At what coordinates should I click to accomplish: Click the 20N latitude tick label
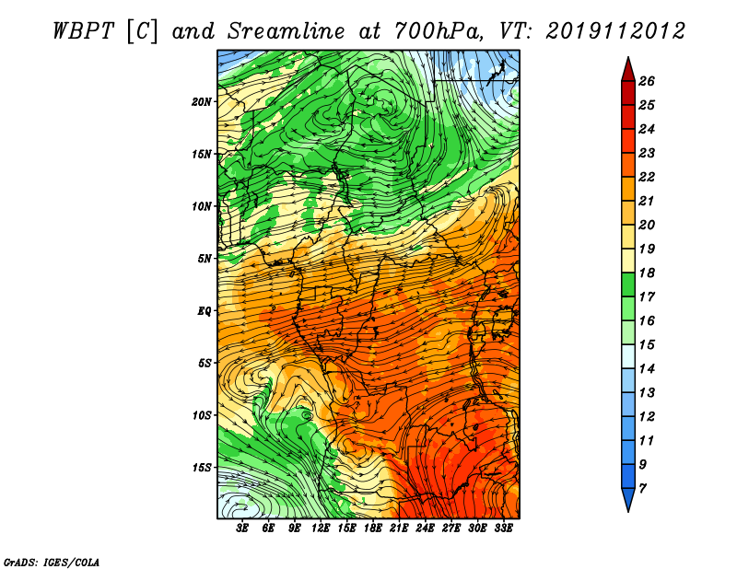point(202,102)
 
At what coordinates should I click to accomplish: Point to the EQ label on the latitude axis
point(204,311)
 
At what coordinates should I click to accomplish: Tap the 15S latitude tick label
point(202,468)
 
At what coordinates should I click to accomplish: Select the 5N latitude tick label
point(205,259)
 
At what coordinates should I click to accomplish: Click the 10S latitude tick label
point(202,415)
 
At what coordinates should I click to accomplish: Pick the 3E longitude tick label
point(242,528)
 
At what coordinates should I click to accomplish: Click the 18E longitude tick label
point(373,528)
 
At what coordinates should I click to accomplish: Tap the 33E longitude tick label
point(503,528)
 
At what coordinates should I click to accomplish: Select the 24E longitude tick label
point(425,528)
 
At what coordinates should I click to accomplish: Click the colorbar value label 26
point(647,81)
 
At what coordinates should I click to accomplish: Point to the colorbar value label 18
point(647,273)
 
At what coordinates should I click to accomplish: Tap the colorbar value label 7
point(643,489)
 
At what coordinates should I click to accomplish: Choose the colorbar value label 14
point(647,369)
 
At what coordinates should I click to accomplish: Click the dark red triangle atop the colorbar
point(628,70)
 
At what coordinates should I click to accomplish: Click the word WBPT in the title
point(83,31)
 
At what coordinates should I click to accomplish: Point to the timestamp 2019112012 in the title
point(615,31)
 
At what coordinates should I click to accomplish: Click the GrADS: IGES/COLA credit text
point(52,562)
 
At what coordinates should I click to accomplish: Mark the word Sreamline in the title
point(286,31)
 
